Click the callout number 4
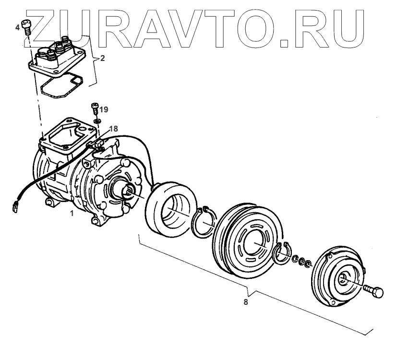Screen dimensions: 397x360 click(x=18, y=28)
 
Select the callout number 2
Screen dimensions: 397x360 click(x=102, y=59)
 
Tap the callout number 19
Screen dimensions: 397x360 click(x=104, y=109)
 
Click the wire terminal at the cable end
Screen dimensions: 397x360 click(x=15, y=207)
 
